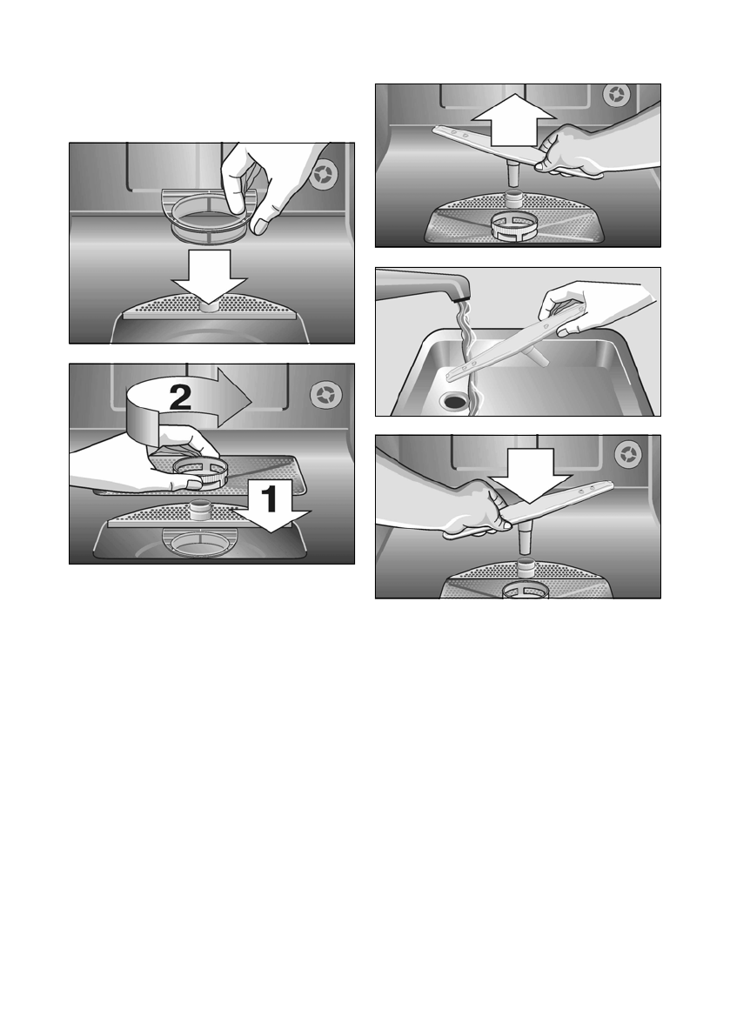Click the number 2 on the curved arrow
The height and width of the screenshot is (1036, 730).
pos(180,397)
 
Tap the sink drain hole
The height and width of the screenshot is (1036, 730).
pos(456,401)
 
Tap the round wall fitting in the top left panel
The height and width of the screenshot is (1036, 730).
pos(325,175)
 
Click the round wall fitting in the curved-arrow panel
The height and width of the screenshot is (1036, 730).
pos(325,395)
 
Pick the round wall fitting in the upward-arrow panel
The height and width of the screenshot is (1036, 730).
pos(616,95)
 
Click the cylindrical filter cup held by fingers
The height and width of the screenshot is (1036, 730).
pos(210,213)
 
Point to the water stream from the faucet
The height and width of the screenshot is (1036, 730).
pos(468,357)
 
